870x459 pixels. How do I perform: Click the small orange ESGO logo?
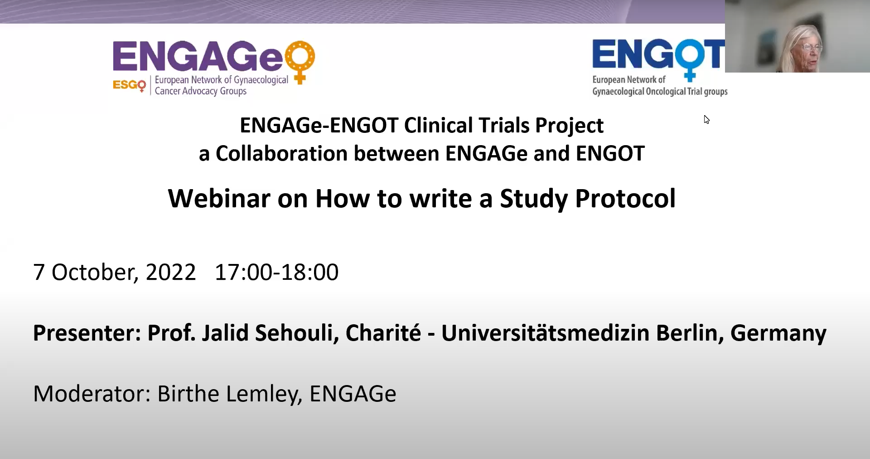(x=129, y=85)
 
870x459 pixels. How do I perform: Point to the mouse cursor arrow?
(x=706, y=120)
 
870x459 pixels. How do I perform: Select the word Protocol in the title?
(x=625, y=199)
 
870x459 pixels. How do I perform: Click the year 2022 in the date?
(x=171, y=272)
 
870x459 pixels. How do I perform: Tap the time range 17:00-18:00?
(x=276, y=272)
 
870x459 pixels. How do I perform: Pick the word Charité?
(x=383, y=333)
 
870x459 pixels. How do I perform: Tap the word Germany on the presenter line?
(x=778, y=334)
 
